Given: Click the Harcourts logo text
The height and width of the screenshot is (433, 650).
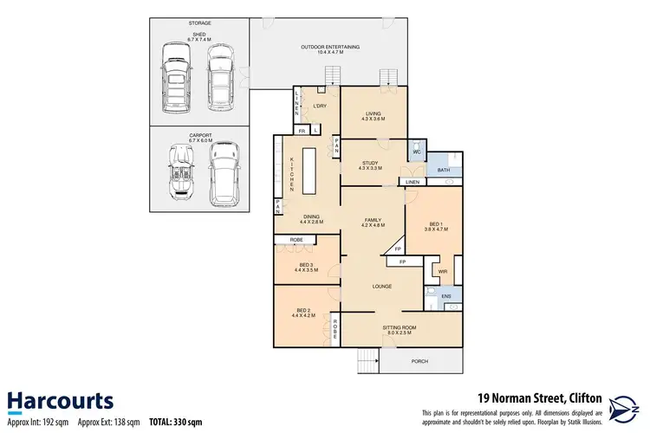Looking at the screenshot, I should click(61, 400).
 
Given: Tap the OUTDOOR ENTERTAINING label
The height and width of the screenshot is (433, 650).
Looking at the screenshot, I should click(329, 47).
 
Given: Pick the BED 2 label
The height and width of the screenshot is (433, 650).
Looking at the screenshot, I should click(303, 310).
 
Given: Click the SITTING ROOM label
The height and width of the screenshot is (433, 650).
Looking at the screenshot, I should click(400, 327).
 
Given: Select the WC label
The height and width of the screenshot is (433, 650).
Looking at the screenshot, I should click(416, 152).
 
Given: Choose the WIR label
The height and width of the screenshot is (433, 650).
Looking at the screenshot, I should click(442, 271).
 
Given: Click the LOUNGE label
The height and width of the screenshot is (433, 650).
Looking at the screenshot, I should click(382, 286).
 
